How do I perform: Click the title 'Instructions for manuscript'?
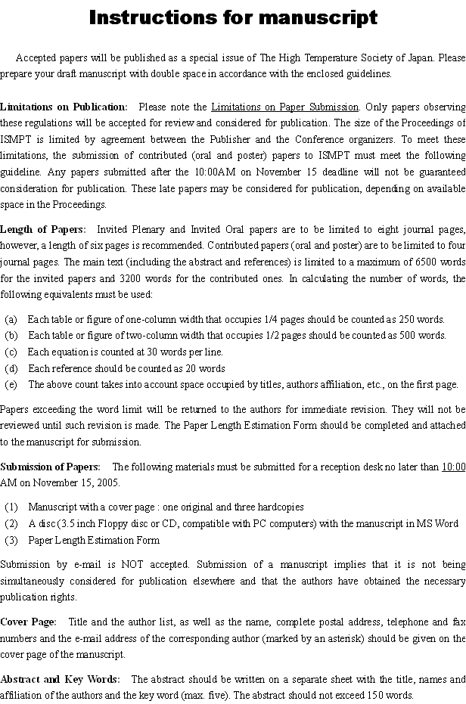click(x=233, y=17)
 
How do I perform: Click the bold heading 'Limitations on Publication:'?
click(x=64, y=107)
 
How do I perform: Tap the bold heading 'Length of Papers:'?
click(x=43, y=229)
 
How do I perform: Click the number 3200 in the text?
click(x=133, y=278)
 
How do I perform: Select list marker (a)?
click(x=11, y=319)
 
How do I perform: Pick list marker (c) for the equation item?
click(x=11, y=352)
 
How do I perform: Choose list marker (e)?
click(x=11, y=384)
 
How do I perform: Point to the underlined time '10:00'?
click(x=453, y=467)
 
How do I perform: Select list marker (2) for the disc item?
click(x=11, y=523)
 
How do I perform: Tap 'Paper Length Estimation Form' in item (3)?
click(x=94, y=540)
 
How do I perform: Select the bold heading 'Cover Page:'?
click(x=29, y=622)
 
